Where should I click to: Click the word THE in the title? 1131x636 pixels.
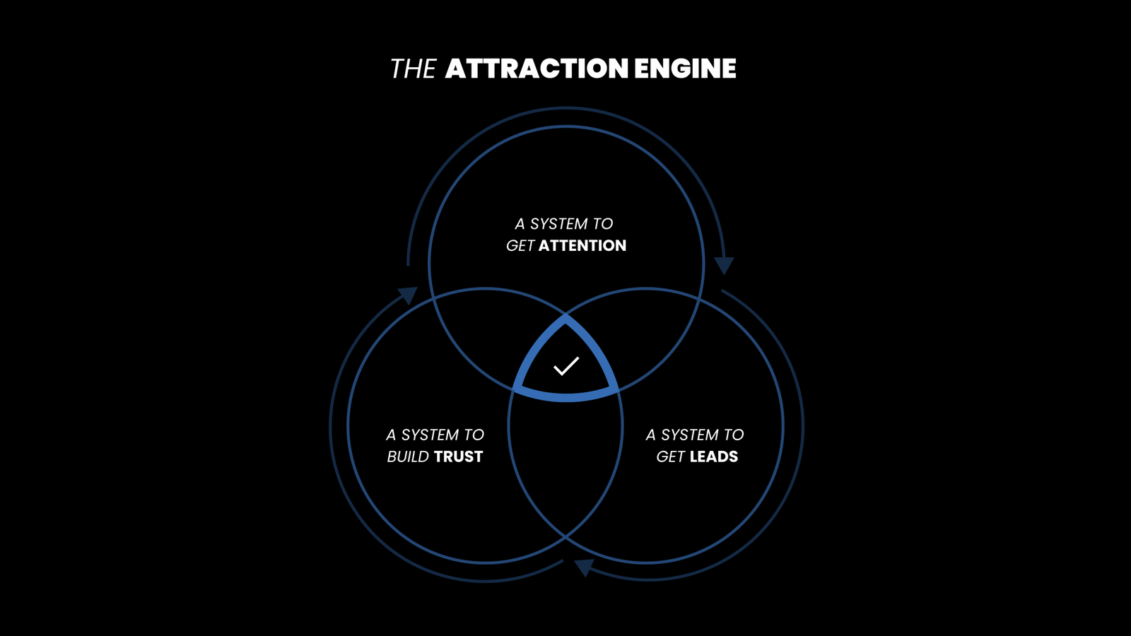[x=413, y=69]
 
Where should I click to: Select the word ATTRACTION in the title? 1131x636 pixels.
[x=537, y=69]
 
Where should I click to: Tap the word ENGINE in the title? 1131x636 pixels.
[x=685, y=69]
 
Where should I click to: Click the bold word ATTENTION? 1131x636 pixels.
[x=582, y=245]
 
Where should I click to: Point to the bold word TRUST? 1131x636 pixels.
[x=459, y=457]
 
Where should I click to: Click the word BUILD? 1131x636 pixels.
[x=408, y=457]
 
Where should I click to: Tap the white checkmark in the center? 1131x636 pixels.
[x=566, y=365]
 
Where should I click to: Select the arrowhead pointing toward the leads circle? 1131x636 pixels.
[x=724, y=265]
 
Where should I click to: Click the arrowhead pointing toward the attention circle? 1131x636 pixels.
[x=408, y=294]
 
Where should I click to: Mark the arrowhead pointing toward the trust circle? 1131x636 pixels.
[x=583, y=567]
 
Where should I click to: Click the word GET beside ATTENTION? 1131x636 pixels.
[x=520, y=245]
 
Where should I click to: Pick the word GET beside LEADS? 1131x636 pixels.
[x=670, y=457]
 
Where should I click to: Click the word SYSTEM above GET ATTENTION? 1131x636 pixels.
[x=558, y=224]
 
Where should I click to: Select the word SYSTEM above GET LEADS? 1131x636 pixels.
[x=689, y=435]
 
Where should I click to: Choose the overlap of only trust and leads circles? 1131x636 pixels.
[x=565, y=466]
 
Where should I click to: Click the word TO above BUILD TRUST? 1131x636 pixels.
[x=474, y=435]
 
